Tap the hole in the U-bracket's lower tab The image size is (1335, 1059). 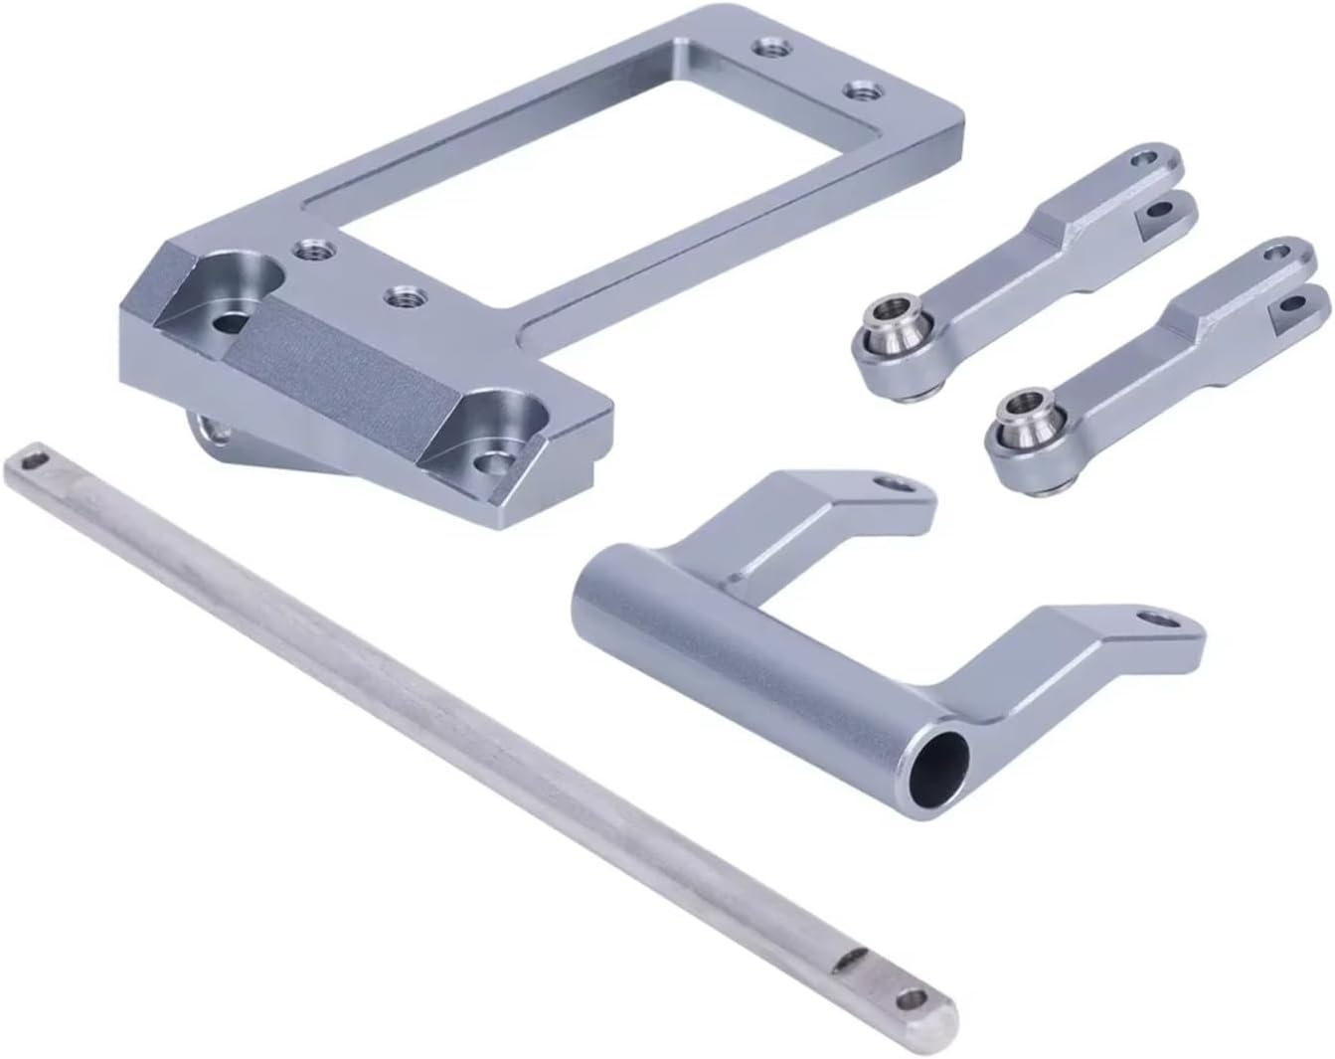click(1160, 618)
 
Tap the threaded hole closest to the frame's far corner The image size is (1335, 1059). click(768, 47)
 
